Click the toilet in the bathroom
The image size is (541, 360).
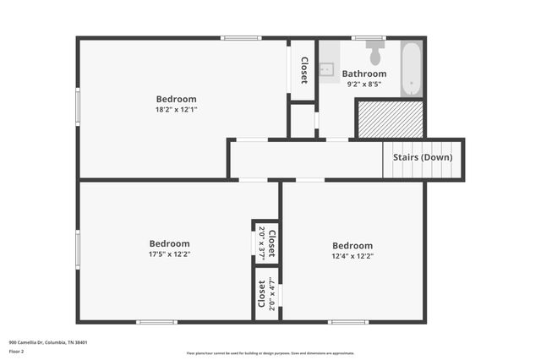(374, 56)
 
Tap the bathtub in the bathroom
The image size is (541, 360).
(412, 68)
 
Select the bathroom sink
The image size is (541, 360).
(327, 68)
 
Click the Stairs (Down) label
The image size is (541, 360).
(423, 157)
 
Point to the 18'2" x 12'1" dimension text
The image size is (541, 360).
(176, 110)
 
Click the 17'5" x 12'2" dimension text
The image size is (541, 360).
(169, 254)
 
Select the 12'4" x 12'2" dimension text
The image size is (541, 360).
(352, 256)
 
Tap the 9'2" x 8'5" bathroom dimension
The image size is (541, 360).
(363, 85)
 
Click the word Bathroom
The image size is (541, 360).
(363, 74)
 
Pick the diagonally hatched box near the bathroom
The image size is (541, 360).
(388, 119)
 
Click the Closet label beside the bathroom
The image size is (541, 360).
(304, 64)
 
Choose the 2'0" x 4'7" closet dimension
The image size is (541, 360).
(271, 296)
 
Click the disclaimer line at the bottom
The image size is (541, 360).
(270, 353)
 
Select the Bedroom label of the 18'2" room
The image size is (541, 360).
(176, 99)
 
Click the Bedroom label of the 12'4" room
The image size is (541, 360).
(352, 245)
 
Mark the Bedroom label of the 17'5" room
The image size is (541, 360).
(169, 243)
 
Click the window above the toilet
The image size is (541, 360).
(369, 37)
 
